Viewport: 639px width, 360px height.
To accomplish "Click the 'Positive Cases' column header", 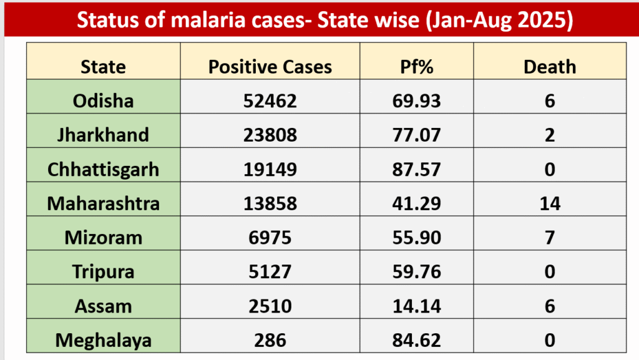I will tap(270, 67).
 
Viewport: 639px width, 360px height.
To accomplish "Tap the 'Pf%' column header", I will tap(417, 67).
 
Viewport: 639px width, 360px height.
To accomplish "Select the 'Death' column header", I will tap(550, 67).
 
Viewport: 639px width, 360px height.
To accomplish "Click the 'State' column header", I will tap(104, 67).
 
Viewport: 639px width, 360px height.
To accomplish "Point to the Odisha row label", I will tap(104, 100).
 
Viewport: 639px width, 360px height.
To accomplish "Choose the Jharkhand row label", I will tap(104, 135).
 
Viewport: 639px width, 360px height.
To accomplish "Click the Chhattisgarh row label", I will tap(104, 169).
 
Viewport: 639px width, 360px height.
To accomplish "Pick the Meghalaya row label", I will tap(104, 341).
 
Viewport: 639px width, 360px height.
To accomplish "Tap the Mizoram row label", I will tap(104, 238).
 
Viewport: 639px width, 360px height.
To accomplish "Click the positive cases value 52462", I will tap(270, 100).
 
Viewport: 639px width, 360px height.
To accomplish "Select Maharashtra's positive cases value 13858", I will tap(270, 203).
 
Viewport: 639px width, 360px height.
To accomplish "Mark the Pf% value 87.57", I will tap(417, 169).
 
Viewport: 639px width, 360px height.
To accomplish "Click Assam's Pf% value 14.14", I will tap(417, 306).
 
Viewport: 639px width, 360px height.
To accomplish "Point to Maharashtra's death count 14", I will tap(550, 203).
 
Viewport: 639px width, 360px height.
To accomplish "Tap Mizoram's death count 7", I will tap(550, 238).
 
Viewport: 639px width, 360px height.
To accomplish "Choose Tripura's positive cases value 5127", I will tap(270, 272).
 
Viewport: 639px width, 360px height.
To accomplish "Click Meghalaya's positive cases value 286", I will tap(270, 341).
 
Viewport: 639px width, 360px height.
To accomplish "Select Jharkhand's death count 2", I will tap(550, 135).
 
